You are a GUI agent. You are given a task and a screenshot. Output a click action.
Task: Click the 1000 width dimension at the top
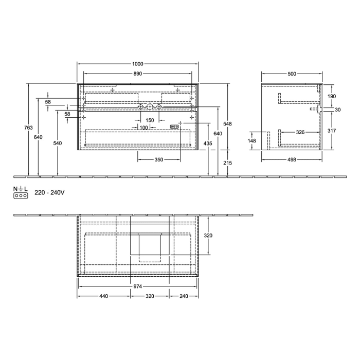137,64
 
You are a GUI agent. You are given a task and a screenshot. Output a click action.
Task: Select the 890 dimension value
137,74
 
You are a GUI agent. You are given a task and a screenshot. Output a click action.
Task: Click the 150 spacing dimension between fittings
149,120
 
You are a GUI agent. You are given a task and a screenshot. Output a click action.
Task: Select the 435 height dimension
208,143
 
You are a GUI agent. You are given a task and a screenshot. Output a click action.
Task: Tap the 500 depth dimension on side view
292,74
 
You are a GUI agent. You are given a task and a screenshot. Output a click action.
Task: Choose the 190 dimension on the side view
331,97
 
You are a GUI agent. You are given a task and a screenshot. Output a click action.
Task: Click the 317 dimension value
331,131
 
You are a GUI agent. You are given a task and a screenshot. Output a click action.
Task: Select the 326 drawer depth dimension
300,133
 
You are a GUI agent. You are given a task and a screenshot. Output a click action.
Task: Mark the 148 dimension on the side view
251,140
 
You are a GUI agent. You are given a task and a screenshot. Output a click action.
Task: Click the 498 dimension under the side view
291,160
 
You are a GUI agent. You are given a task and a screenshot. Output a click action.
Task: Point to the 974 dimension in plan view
137,286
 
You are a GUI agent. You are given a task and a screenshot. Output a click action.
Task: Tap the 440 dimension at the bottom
103,297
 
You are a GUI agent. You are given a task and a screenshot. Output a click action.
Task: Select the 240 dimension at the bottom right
185,297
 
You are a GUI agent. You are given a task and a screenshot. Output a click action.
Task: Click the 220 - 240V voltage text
49,193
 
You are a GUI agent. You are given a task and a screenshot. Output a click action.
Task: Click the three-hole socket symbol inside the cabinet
175,126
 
